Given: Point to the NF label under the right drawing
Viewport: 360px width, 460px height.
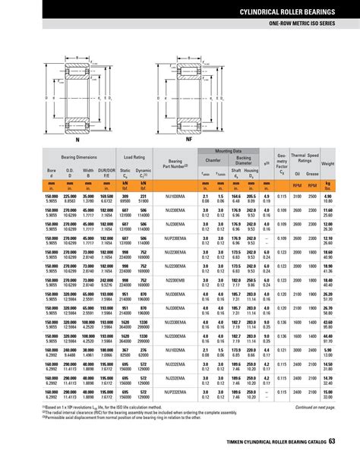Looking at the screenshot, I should click(189, 140).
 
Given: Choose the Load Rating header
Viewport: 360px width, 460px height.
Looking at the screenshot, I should click(134, 157).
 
